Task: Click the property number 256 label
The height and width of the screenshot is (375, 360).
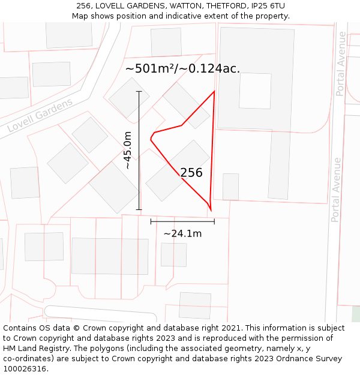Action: pos(191,173)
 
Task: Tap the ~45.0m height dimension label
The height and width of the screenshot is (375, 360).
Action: pos(127,150)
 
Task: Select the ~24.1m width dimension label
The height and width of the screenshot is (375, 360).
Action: pos(182,233)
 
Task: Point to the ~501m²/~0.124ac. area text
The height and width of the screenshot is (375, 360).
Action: pos(182,68)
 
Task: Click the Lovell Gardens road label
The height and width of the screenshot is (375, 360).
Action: pos(40,115)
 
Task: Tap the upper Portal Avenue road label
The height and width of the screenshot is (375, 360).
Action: pos(341,64)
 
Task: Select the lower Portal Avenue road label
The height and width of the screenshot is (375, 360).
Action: pos(336,190)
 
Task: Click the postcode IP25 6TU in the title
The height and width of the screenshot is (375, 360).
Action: pos(265,5)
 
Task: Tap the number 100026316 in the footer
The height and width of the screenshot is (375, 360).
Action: pos(25,368)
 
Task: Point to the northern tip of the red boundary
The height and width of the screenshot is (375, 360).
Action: pos(214,91)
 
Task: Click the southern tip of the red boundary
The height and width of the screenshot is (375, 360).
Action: pos(211,211)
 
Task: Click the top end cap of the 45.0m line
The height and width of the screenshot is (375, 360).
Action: pos(139,91)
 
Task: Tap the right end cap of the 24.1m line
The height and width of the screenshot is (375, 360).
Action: pos(214,221)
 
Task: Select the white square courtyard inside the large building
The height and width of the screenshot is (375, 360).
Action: pos(255,91)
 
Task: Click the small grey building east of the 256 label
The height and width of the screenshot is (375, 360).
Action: pos(230,187)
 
